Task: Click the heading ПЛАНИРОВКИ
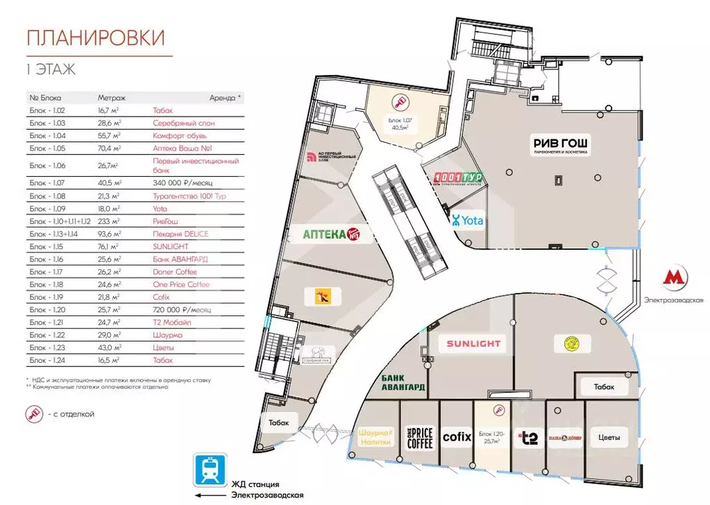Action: [95, 38]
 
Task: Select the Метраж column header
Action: [111, 98]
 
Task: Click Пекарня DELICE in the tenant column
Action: [180, 234]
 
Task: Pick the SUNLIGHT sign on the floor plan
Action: [473, 344]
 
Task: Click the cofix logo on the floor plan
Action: [457, 437]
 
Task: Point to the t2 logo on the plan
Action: [529, 438]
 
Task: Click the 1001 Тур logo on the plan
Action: [457, 179]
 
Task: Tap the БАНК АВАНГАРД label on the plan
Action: [403, 382]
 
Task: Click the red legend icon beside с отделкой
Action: [34, 414]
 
